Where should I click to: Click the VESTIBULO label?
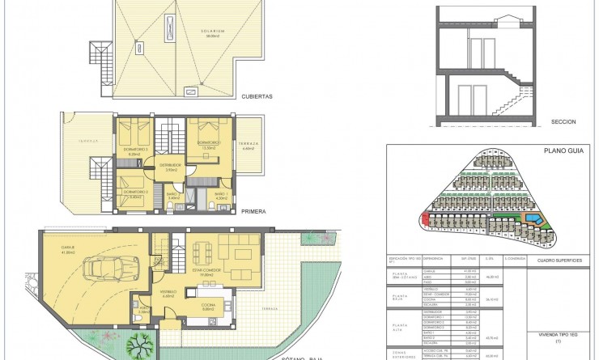(168, 292)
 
